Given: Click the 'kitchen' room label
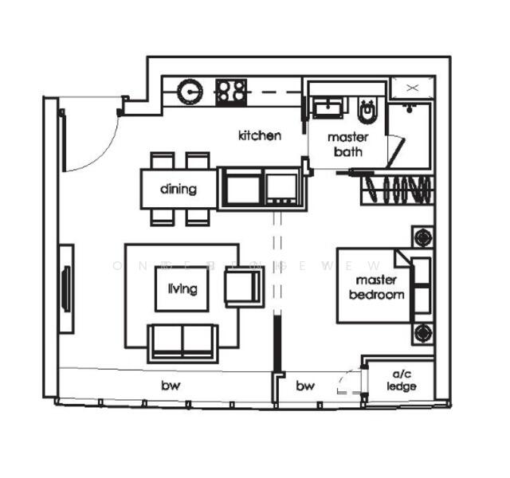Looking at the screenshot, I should point(260,135).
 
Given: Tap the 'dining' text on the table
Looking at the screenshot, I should point(178,189).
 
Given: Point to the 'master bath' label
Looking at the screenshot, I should point(347,144).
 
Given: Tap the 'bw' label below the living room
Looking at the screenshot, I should point(170,386).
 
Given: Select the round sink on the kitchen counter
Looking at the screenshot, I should point(191,92).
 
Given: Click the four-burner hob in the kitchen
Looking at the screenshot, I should point(232,91).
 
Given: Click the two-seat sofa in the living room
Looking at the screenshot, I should point(182,341).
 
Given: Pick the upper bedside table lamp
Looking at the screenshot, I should point(422,237).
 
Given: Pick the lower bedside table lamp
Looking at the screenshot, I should point(422,332).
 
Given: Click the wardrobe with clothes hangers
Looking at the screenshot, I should point(398,190).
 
